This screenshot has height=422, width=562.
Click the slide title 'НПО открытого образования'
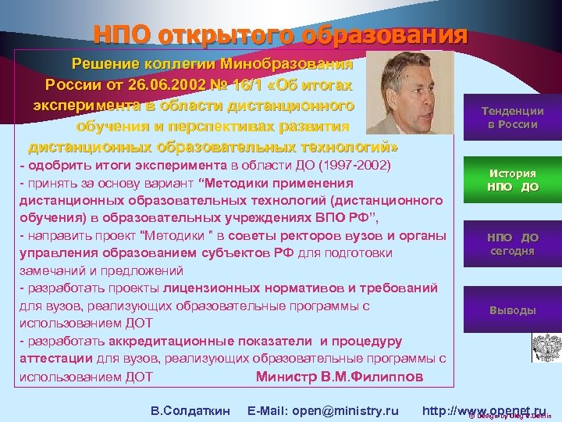pyautogui.click(x=280, y=34)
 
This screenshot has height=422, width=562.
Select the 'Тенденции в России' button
pyautogui.click(x=512, y=117)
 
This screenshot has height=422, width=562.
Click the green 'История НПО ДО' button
pyautogui.click(x=512, y=180)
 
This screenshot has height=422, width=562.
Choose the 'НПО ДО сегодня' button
pyautogui.click(x=512, y=244)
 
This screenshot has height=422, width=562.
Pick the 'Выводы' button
pyautogui.click(x=512, y=309)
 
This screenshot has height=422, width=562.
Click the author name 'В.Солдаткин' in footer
pyautogui.click(x=190, y=410)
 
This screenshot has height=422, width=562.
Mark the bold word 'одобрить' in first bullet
pyautogui.click(x=54, y=167)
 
